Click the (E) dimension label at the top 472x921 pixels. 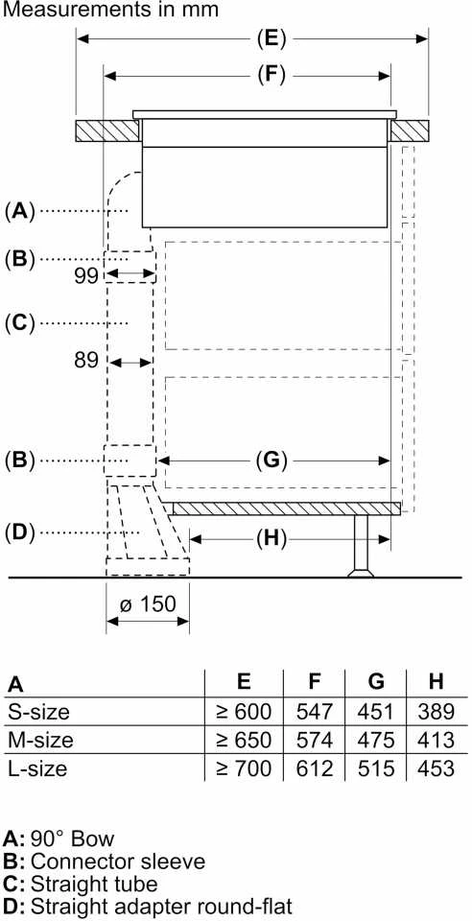[x=271, y=39]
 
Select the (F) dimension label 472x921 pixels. [x=271, y=75]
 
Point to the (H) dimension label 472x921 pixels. [x=271, y=537]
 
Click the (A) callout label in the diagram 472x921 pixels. [x=20, y=210]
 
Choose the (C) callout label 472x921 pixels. [x=20, y=322]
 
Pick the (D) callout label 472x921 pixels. [x=20, y=532]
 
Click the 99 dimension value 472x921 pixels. [x=86, y=276]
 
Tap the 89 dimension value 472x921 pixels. [x=86, y=360]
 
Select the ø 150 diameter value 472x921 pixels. [x=148, y=603]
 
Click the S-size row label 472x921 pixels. [x=38, y=712]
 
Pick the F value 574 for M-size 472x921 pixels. [x=315, y=740]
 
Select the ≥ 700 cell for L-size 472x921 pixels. [x=244, y=768]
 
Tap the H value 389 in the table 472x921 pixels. [x=436, y=712]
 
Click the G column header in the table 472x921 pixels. [x=376, y=681]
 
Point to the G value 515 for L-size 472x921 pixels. [x=376, y=768]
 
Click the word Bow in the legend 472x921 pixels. [x=92, y=838]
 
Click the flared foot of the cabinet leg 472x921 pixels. [x=360, y=572]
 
